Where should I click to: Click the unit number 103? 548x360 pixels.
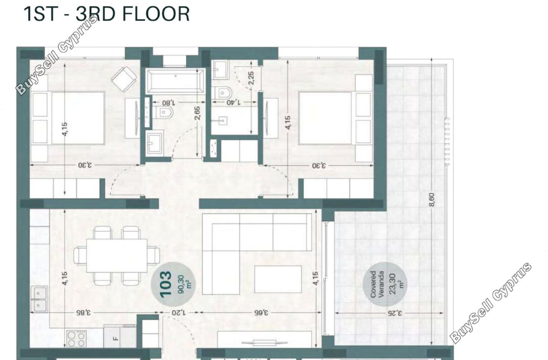[165, 284]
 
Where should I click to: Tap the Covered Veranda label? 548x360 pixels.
[377, 284]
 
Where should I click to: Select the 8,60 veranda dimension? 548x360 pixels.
[432, 200]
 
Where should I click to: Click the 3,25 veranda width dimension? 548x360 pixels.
[395, 313]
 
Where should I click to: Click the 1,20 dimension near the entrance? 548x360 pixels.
[179, 313]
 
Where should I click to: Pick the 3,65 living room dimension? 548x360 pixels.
[261, 313]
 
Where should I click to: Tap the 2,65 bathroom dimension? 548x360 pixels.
[197, 113]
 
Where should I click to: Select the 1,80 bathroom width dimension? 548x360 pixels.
[169, 102]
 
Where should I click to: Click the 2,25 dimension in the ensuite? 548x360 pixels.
[251, 78]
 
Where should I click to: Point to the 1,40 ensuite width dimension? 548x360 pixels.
[233, 102]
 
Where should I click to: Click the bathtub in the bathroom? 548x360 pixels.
[175, 81]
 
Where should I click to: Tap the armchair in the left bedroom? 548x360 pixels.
[124, 79]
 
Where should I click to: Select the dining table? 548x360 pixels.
[117, 256]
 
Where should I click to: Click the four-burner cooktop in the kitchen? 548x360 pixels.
[77, 339]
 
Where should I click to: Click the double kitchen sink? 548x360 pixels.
[39, 299]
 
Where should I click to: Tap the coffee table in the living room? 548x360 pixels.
[278, 279]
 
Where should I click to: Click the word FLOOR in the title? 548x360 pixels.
[156, 14]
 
